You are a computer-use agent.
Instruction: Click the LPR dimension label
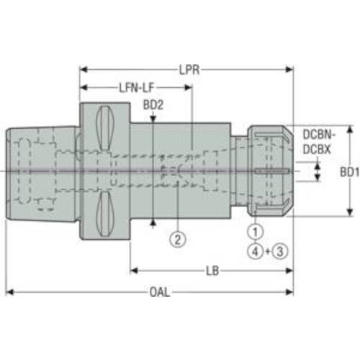pos(189,70)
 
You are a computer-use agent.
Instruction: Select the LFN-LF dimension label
pos(137,88)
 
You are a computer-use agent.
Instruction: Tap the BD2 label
pos(153,105)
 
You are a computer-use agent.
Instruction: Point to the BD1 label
pos(350,172)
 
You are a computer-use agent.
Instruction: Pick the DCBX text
pos(317,150)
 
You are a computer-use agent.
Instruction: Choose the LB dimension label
pos(212,271)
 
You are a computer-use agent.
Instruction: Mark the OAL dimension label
pos(160,292)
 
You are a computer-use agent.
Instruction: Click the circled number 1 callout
pos(256,232)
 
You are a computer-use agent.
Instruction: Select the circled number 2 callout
pos(178,239)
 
